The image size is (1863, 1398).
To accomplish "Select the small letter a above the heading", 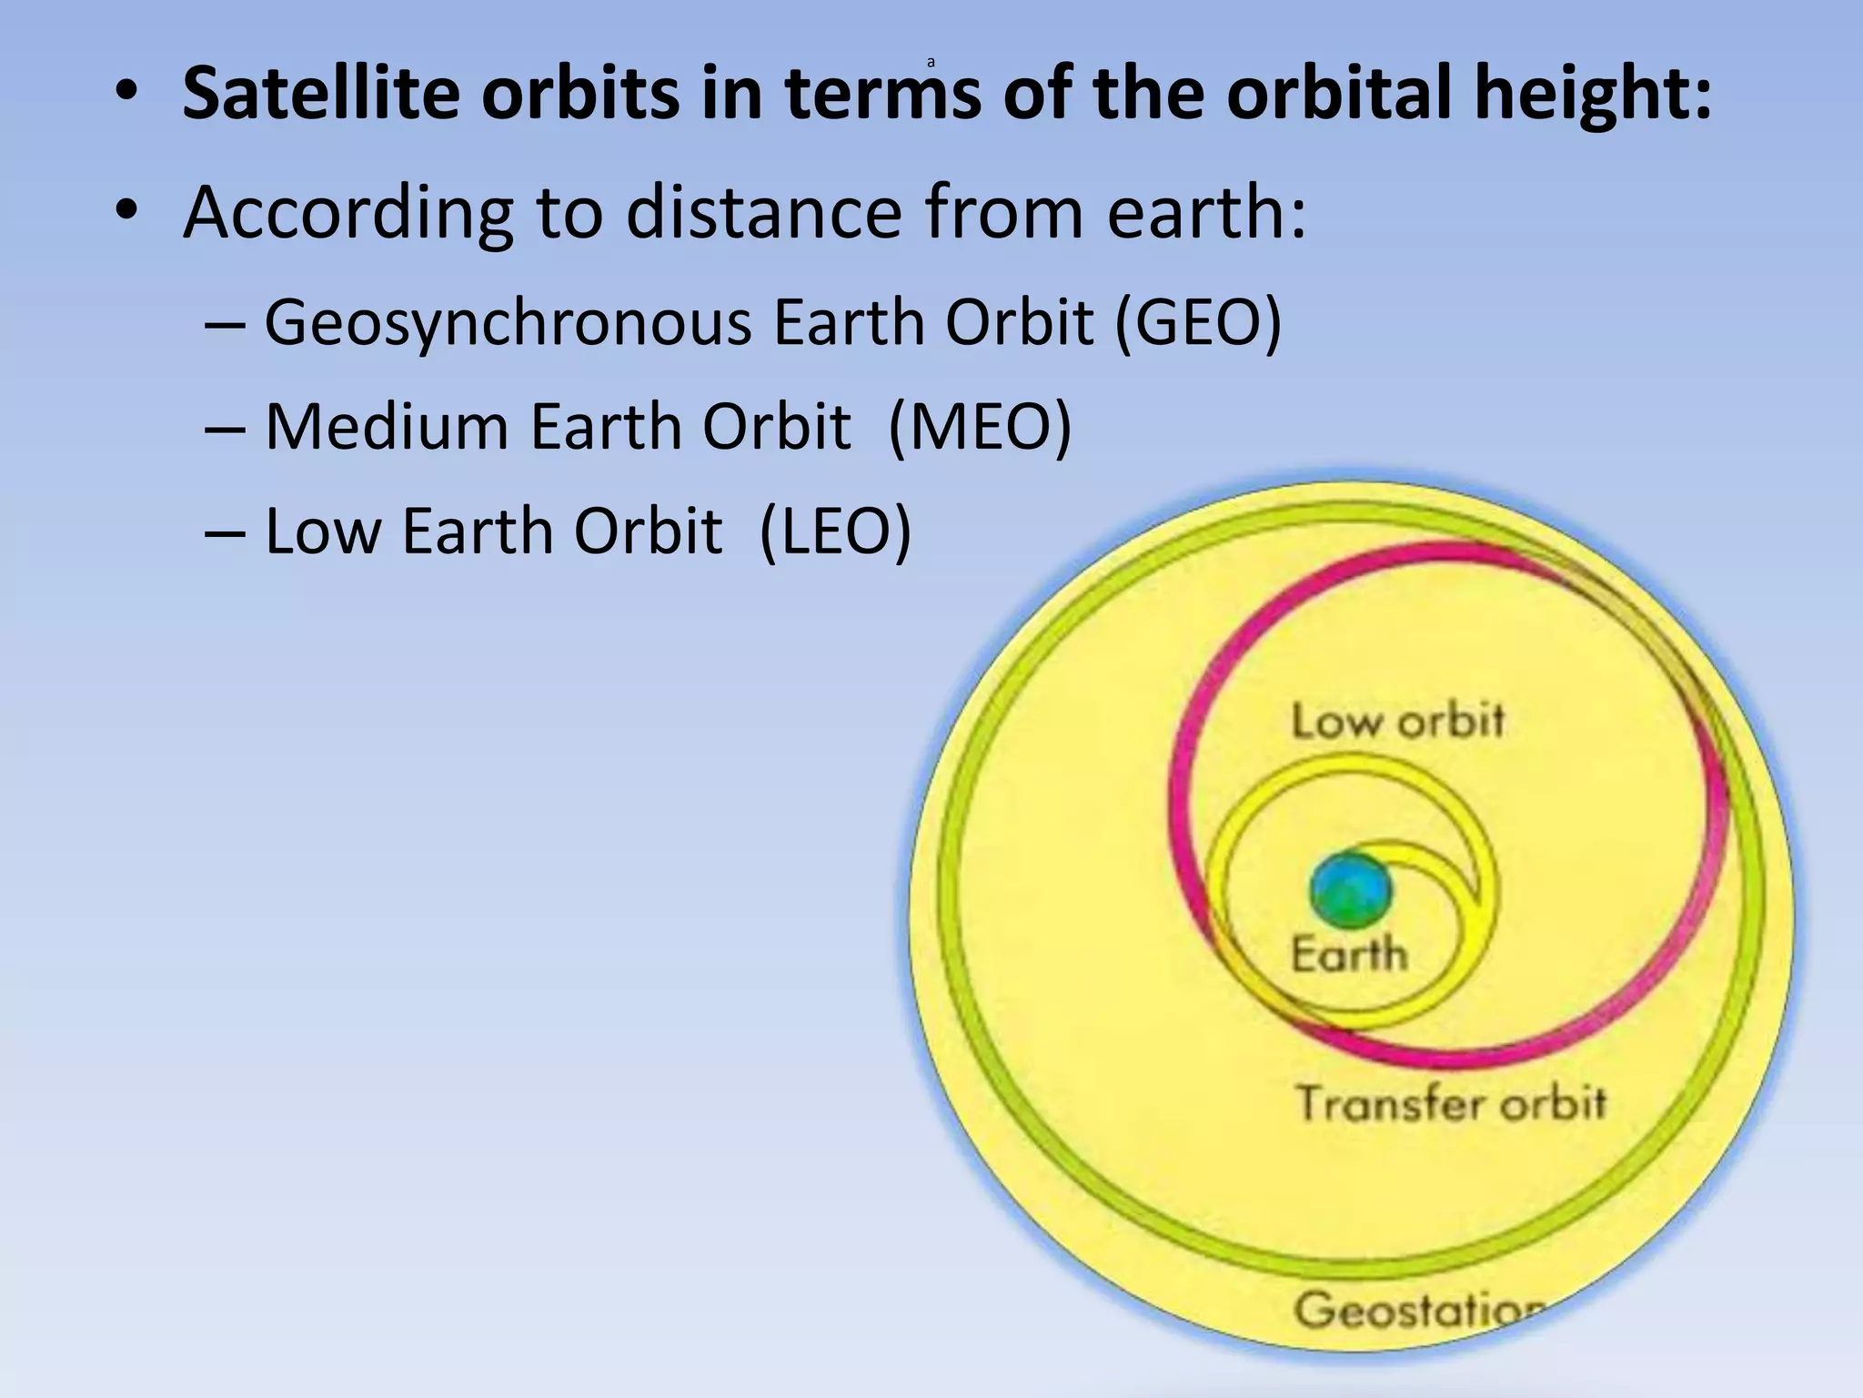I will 931,63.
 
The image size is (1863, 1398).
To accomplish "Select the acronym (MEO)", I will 980,427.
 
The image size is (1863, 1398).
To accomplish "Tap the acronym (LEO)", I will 834,532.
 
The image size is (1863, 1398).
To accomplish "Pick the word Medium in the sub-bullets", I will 386,427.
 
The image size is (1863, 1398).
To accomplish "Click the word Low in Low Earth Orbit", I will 322,532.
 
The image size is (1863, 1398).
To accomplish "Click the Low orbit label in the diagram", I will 1397,722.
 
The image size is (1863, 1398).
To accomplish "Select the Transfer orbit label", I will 1450,1104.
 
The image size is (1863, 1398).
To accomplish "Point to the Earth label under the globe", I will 1348,955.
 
